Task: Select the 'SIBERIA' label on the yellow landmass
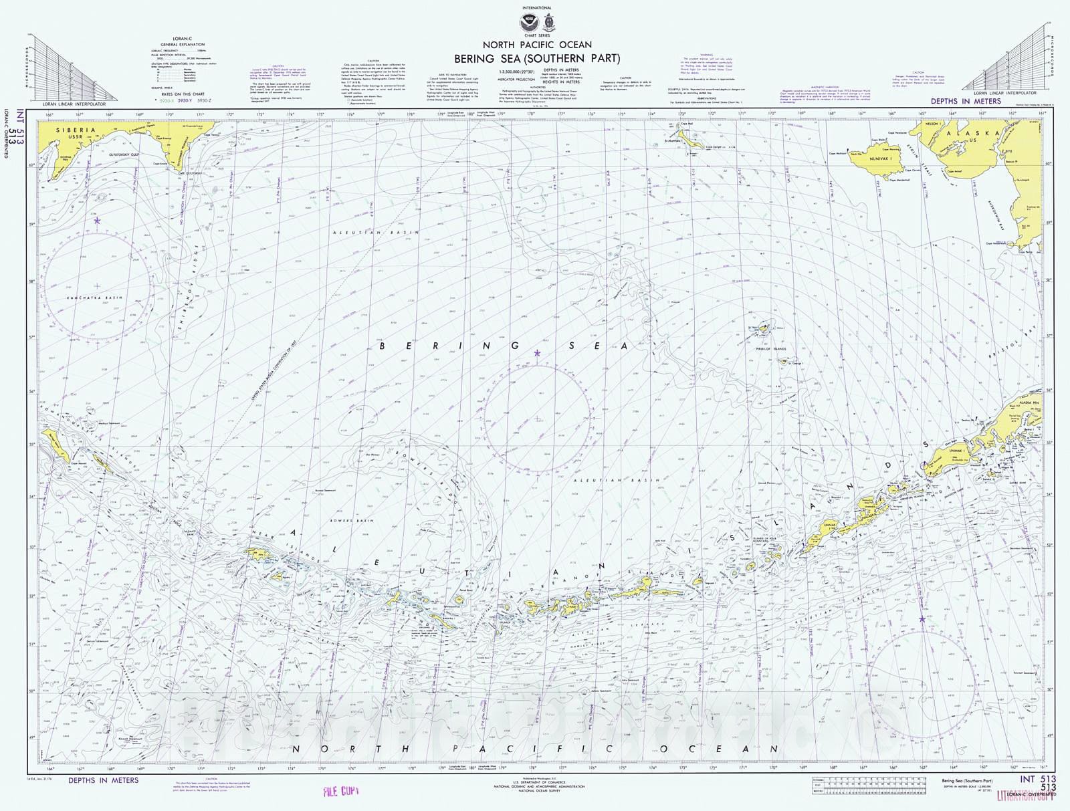coord(76,130)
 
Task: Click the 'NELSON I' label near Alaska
coord(931,124)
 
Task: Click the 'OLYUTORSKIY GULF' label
coord(120,153)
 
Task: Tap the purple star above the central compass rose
coord(537,353)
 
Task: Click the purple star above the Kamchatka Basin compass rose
coord(97,220)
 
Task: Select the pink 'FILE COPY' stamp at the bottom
coord(341,792)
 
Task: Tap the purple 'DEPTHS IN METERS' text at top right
coord(966,102)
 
